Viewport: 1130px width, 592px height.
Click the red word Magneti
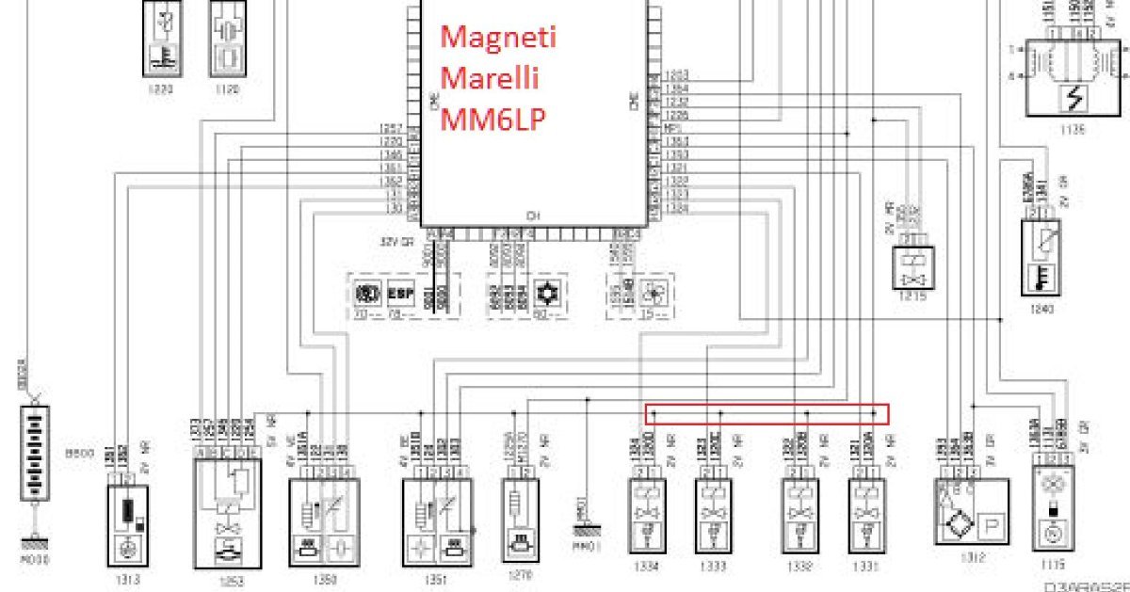499,39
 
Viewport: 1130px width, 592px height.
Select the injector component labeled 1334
647,517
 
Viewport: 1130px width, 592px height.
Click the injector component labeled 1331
865,517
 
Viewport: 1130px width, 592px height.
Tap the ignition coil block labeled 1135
1070,77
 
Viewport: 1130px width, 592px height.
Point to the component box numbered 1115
1052,509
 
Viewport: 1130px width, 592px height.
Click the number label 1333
714,567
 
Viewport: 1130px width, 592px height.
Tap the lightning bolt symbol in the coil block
1069,97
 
